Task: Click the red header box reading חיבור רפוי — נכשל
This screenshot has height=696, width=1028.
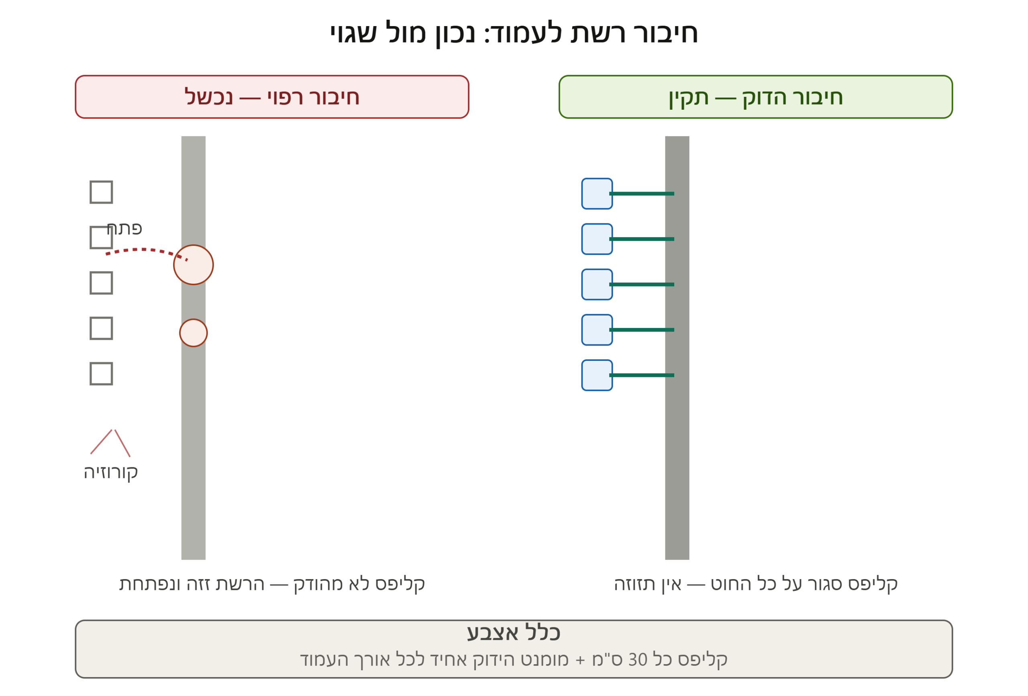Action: (x=271, y=97)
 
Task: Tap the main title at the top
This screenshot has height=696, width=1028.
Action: (x=514, y=33)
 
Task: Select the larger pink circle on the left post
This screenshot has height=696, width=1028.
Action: (x=193, y=265)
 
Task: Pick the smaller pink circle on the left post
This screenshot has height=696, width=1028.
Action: (x=193, y=333)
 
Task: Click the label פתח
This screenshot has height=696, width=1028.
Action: (x=124, y=229)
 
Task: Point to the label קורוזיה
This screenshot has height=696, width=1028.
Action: (x=111, y=472)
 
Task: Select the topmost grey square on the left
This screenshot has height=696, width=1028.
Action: (x=101, y=192)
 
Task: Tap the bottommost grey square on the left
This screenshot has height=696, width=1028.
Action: (x=101, y=374)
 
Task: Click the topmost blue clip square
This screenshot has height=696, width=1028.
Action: (x=597, y=193)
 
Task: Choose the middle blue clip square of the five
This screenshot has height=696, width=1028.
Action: (x=597, y=284)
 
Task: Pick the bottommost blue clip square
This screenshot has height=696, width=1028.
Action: (x=597, y=375)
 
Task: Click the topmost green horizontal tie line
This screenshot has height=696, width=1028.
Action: (x=641, y=193)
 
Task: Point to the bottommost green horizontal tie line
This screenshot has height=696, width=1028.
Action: (x=641, y=375)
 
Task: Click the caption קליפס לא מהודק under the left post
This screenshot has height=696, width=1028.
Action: (x=359, y=584)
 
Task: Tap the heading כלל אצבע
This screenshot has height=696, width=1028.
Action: (x=514, y=633)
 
